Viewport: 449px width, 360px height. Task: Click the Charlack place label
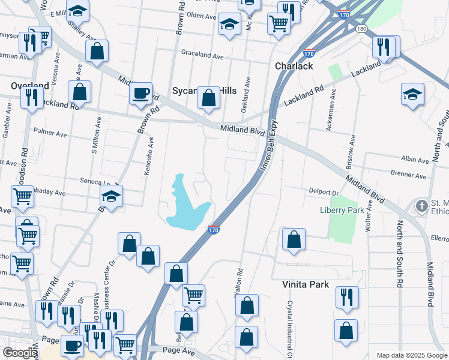tap(294, 66)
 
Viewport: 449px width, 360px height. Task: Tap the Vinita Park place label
tap(306, 284)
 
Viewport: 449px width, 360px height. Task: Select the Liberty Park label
tap(343, 211)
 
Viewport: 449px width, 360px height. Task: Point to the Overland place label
tap(29, 86)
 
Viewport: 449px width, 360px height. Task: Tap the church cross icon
tap(422, 206)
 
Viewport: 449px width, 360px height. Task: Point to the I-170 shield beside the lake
tap(214, 230)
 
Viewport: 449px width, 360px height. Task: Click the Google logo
tap(20, 353)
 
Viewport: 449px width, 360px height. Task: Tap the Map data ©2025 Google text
tap(411, 355)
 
